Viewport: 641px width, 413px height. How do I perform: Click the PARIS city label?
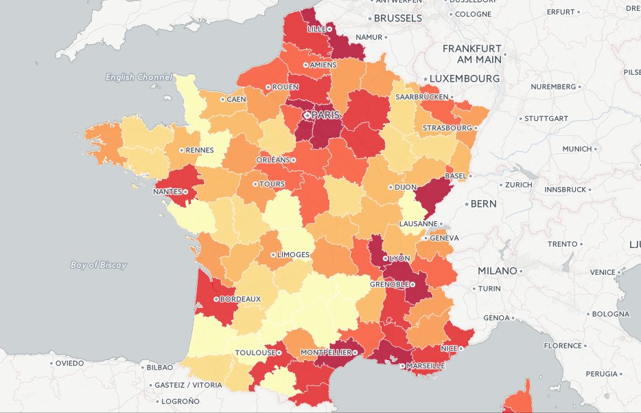click(x=326, y=114)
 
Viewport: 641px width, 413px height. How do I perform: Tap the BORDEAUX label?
click(x=241, y=299)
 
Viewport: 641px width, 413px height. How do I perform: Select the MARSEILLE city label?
click(x=425, y=366)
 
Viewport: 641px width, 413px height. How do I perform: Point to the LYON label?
click(x=399, y=258)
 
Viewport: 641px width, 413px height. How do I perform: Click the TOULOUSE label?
click(x=255, y=353)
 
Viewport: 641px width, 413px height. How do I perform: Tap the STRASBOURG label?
click(x=447, y=128)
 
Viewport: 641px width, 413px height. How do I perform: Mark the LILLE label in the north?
click(x=316, y=29)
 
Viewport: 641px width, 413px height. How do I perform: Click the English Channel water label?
click(x=139, y=78)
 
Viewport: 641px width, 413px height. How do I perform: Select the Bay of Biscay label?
click(x=99, y=265)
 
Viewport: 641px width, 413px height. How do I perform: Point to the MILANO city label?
click(x=497, y=271)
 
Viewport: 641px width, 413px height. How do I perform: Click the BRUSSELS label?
click(x=398, y=19)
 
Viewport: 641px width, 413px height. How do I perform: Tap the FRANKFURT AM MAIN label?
click(x=472, y=54)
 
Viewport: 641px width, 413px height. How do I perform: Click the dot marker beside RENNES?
click(x=180, y=150)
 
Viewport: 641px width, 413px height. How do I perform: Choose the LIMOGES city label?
click(x=293, y=254)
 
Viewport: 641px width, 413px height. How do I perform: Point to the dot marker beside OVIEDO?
click(x=52, y=363)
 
